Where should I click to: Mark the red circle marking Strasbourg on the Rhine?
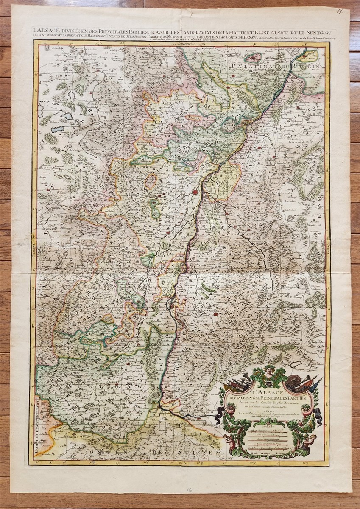tap(195, 192)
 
